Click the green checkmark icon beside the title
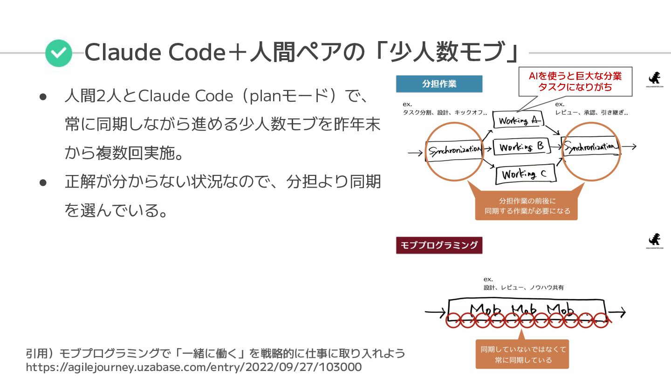(59, 53)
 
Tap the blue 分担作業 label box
(439, 84)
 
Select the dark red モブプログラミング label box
(439, 245)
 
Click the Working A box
(517, 120)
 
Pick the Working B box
(521, 147)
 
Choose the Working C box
(524, 175)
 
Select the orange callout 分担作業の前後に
(527, 205)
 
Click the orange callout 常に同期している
(523, 354)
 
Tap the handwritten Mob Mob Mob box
(527, 310)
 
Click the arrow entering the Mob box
(435, 312)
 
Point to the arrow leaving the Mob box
(617, 312)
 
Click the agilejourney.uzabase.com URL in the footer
(193, 367)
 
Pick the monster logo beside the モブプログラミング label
(654, 240)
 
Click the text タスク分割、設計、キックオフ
(445, 112)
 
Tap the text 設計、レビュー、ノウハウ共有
(523, 287)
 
